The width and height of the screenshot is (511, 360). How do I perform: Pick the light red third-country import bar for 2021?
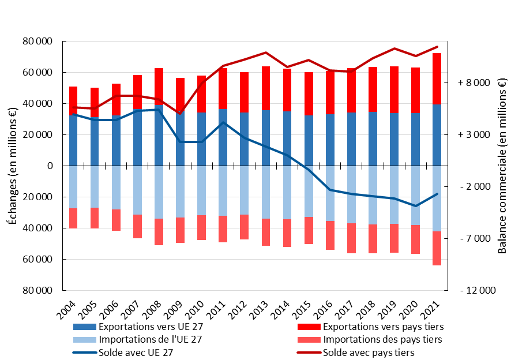(437, 248)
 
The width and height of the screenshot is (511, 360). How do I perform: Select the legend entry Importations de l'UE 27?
(147, 340)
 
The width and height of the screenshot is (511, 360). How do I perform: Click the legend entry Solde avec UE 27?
(136, 352)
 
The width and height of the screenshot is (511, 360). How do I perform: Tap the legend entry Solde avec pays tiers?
(369, 352)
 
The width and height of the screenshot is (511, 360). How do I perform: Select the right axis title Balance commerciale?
(502, 166)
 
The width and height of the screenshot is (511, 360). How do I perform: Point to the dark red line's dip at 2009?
(180, 114)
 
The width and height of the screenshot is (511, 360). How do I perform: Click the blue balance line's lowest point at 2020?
(415, 206)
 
